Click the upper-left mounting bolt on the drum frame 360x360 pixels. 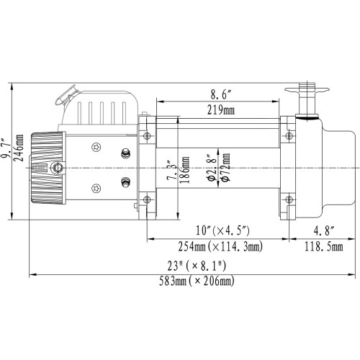150,136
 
